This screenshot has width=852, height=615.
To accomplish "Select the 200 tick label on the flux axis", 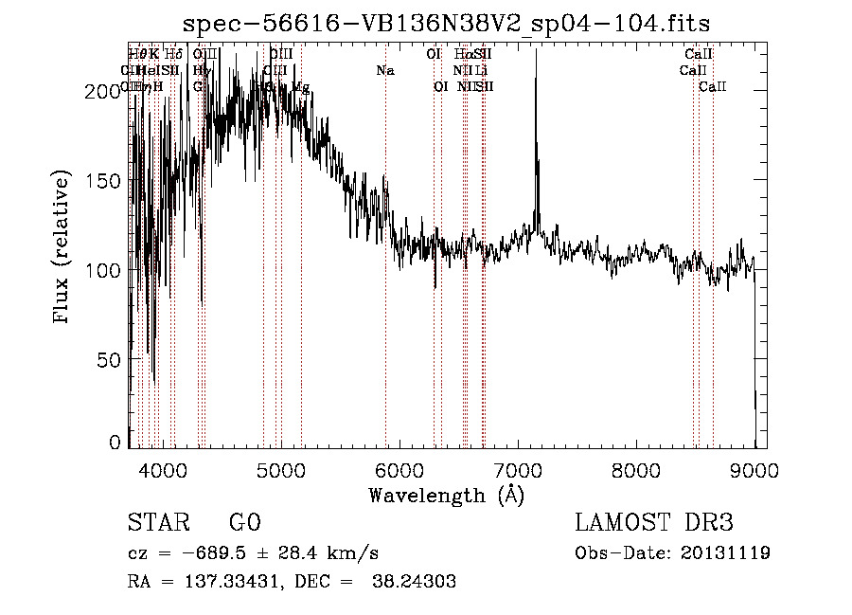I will pyautogui.click(x=109, y=91).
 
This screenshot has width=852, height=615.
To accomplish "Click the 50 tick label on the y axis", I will pyautogui.click(x=114, y=360).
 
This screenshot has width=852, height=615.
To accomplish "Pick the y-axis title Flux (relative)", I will pyautogui.click(x=63, y=248).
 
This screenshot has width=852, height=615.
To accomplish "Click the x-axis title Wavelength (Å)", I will pyautogui.click(x=446, y=495).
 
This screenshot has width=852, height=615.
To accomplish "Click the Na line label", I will pyautogui.click(x=385, y=71).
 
